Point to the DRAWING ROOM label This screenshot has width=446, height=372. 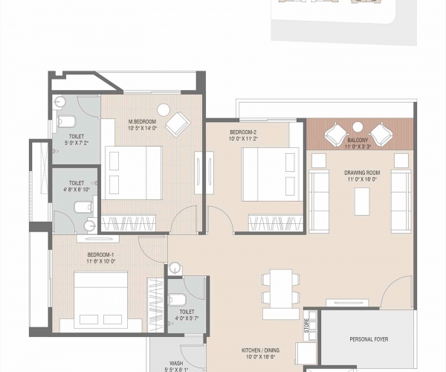point(361,172)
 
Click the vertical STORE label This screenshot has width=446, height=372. point(306,325)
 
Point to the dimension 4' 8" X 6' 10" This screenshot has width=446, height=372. point(77,189)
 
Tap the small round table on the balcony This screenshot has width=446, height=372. point(358,126)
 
